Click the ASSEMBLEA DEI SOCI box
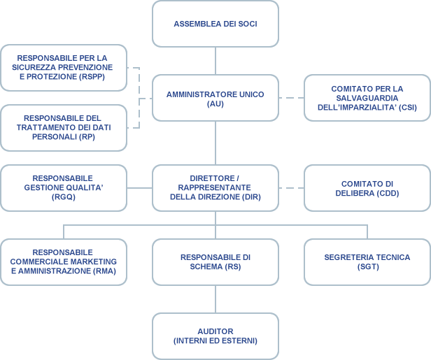tap(215, 24)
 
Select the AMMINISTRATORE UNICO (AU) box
tap(215, 98)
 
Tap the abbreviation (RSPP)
tap(92, 77)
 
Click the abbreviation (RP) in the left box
tap(87, 137)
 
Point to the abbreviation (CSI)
tap(408, 108)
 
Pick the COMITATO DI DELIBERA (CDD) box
tap(367, 188)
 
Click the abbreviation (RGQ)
tap(64, 197)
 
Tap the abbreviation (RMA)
tap(104, 271)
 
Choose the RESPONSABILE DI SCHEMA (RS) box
tap(215, 262)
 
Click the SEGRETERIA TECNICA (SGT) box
tap(367, 262)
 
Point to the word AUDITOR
tap(215, 331)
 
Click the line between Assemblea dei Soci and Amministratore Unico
tap(215, 61)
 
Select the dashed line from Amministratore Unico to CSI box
tap(291, 98)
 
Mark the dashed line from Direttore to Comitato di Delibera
tap(291, 188)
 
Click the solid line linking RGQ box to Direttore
tap(140, 188)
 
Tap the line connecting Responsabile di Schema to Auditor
tap(215, 299)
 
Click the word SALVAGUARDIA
tap(367, 98)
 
